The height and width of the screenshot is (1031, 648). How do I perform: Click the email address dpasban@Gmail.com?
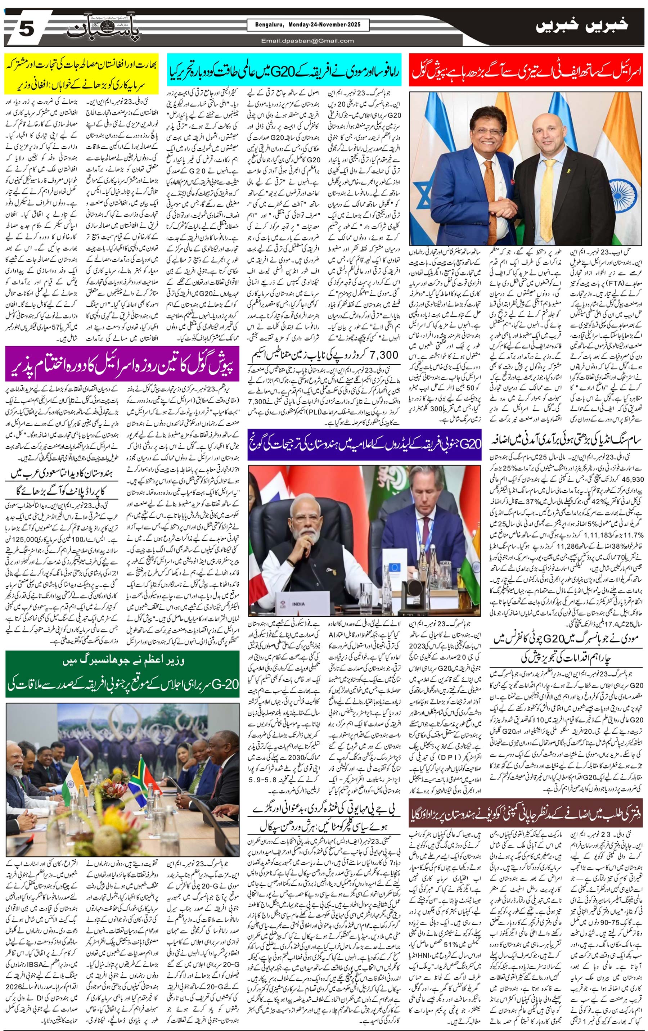[x=308, y=41]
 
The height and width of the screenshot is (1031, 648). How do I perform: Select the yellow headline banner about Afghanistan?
[x=81, y=73]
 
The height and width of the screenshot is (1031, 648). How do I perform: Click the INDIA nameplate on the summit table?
[x=298, y=604]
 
